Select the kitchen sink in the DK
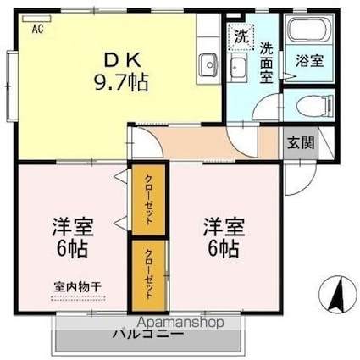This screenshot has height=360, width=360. pyautogui.click(x=208, y=64)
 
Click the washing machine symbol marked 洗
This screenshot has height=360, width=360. pyautogui.click(x=240, y=38)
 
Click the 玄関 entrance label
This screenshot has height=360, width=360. pyautogui.click(x=297, y=142)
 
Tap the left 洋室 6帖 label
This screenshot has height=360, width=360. pyautogui.click(x=73, y=239)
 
